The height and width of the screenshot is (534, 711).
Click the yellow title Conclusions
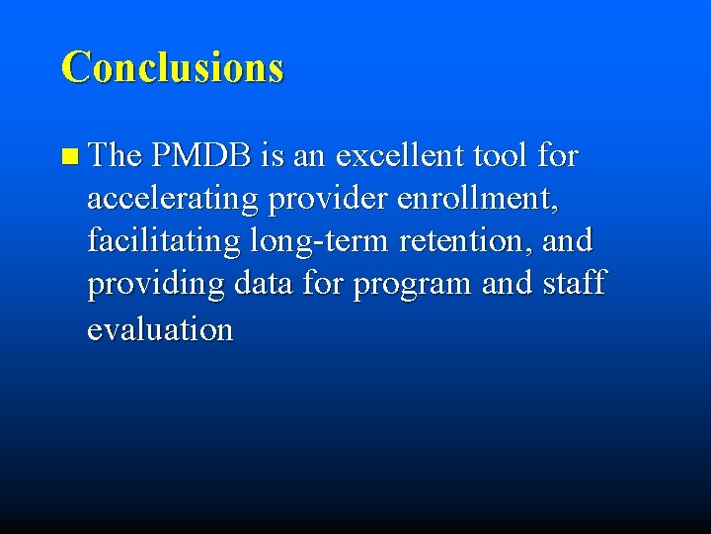click(172, 67)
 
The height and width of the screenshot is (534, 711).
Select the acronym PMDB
click(203, 156)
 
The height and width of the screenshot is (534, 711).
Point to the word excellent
click(400, 156)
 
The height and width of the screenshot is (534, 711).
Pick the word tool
click(500, 156)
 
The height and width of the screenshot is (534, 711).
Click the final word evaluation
click(160, 328)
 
